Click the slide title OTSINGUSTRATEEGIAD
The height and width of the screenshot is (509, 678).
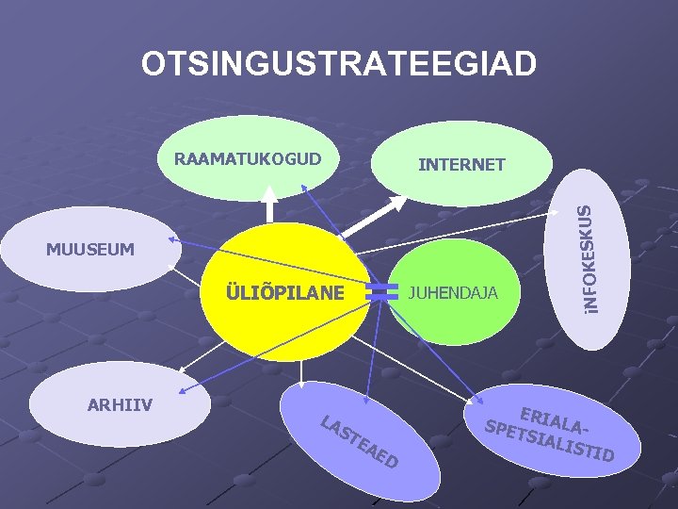point(339,64)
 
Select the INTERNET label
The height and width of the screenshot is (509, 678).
point(461,165)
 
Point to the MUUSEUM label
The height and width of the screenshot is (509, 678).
point(90,250)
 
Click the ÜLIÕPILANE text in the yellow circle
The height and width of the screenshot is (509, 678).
point(284,292)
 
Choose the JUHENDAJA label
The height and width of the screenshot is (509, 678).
point(453,292)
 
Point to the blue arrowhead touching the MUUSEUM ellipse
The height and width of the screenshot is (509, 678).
point(178,242)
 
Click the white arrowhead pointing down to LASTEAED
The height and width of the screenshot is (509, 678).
point(301,386)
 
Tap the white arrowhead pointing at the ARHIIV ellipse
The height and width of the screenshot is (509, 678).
point(178,372)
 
